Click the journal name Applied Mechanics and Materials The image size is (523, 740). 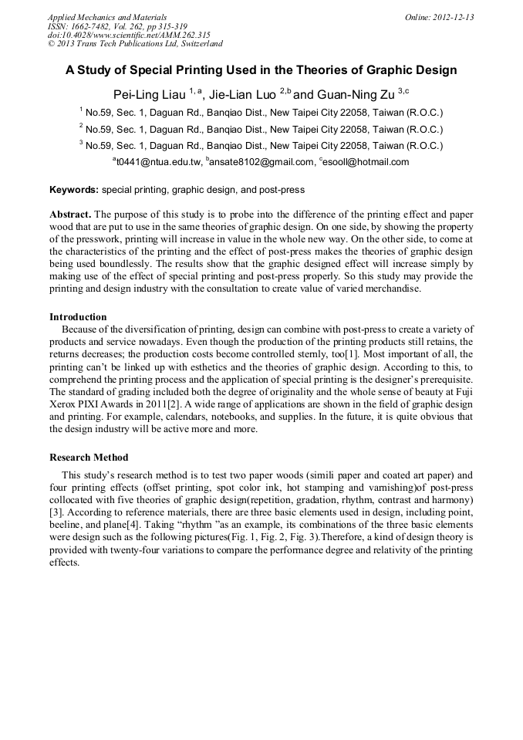[106, 17]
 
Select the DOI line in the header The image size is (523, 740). [128, 35]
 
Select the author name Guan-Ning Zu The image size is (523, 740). [355, 95]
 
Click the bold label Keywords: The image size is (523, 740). [74, 190]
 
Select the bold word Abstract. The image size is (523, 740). [70, 213]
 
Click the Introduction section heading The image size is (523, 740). [78, 317]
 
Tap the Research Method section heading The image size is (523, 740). [89, 458]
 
